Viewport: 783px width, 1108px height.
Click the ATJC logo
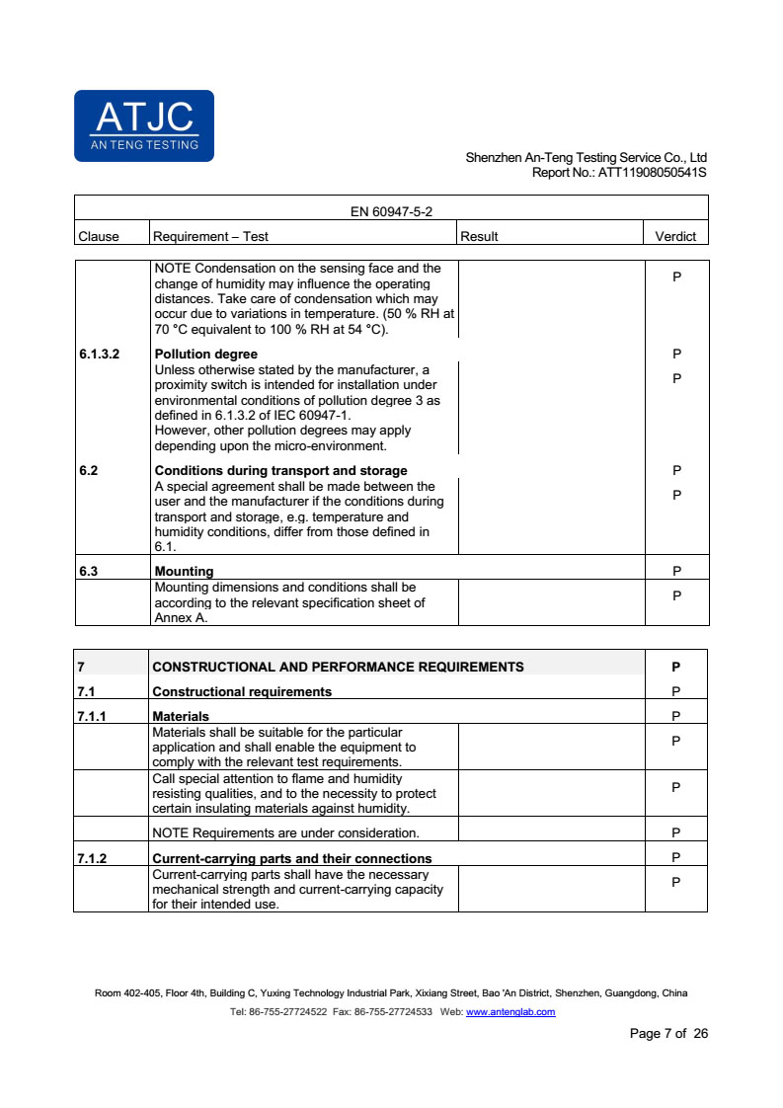[144, 125]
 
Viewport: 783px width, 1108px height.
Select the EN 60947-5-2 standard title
[392, 211]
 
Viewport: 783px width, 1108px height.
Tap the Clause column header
[99, 236]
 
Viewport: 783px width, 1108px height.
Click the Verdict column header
[675, 236]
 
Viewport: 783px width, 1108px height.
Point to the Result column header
[480, 236]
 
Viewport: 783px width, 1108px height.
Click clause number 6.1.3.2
[99, 354]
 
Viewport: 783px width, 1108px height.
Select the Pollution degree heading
[206, 354]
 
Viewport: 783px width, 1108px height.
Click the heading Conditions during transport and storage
[281, 470]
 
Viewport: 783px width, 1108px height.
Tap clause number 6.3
[89, 571]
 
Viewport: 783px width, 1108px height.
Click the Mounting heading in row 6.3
[184, 571]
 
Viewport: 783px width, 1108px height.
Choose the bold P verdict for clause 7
[676, 667]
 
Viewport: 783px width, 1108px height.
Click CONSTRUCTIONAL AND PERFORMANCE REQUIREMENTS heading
[338, 667]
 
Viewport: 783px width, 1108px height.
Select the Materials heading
[181, 716]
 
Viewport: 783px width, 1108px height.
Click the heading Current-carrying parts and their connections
[292, 858]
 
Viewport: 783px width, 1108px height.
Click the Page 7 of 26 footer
[668, 1034]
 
